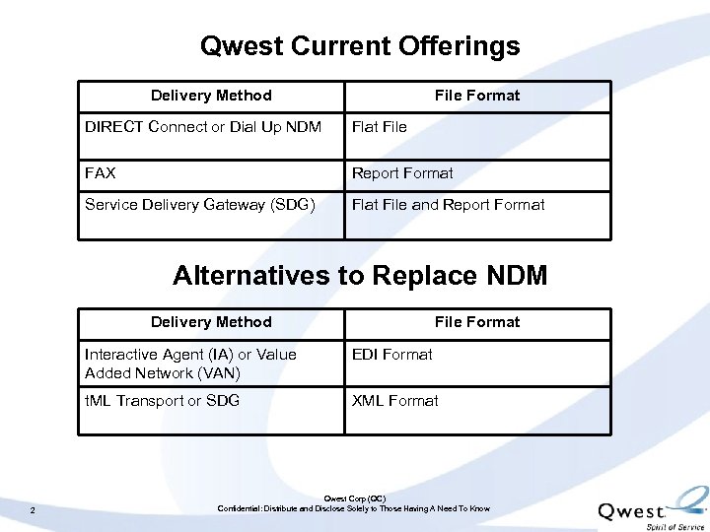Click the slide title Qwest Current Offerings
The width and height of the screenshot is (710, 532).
pyautogui.click(x=360, y=46)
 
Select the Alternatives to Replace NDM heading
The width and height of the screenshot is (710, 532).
pyautogui.click(x=360, y=275)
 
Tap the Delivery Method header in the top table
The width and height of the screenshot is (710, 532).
pyautogui.click(x=211, y=96)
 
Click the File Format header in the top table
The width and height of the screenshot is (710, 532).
pyautogui.click(x=477, y=96)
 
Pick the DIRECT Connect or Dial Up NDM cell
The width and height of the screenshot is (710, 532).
pyautogui.click(x=203, y=126)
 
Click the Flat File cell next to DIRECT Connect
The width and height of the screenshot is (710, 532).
pyautogui.click(x=380, y=126)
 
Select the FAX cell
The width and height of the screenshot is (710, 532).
pyautogui.click(x=101, y=173)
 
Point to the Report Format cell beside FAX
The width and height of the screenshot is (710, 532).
pyautogui.click(x=402, y=173)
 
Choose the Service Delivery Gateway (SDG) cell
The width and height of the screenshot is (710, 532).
pyautogui.click(x=200, y=205)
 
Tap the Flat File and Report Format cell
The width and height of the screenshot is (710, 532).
pyautogui.click(x=448, y=205)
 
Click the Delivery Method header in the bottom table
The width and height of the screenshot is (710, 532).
pyautogui.click(x=211, y=322)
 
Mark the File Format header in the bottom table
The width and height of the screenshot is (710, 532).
pyautogui.click(x=477, y=322)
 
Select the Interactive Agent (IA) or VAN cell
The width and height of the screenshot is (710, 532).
pyautogui.click(x=190, y=364)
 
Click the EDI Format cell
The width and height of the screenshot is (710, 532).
pyautogui.click(x=392, y=355)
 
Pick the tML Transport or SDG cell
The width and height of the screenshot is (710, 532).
pyautogui.click(x=162, y=401)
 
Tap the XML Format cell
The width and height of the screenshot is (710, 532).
pyautogui.click(x=395, y=401)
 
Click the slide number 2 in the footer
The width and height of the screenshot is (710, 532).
pyautogui.click(x=33, y=509)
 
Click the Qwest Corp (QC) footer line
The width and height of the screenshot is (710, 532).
pyautogui.click(x=354, y=499)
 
